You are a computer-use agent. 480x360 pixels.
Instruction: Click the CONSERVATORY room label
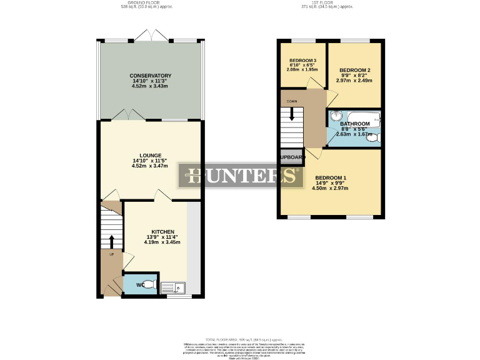click(x=151, y=76)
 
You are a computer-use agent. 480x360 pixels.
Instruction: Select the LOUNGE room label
click(x=151, y=155)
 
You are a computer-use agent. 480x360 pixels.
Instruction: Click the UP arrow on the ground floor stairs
click(x=112, y=242)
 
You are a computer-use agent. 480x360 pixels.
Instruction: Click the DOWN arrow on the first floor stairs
click(x=291, y=113)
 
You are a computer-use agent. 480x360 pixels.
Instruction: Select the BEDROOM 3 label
click(x=303, y=61)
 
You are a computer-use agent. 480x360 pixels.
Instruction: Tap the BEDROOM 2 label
click(x=355, y=70)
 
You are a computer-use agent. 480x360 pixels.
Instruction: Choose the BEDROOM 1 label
click(x=331, y=177)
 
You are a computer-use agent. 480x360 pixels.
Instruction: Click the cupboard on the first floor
click(x=291, y=157)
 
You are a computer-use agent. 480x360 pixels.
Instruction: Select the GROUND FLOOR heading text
click(x=146, y=2)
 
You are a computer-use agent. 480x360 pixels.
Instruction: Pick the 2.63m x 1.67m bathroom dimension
click(x=354, y=134)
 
